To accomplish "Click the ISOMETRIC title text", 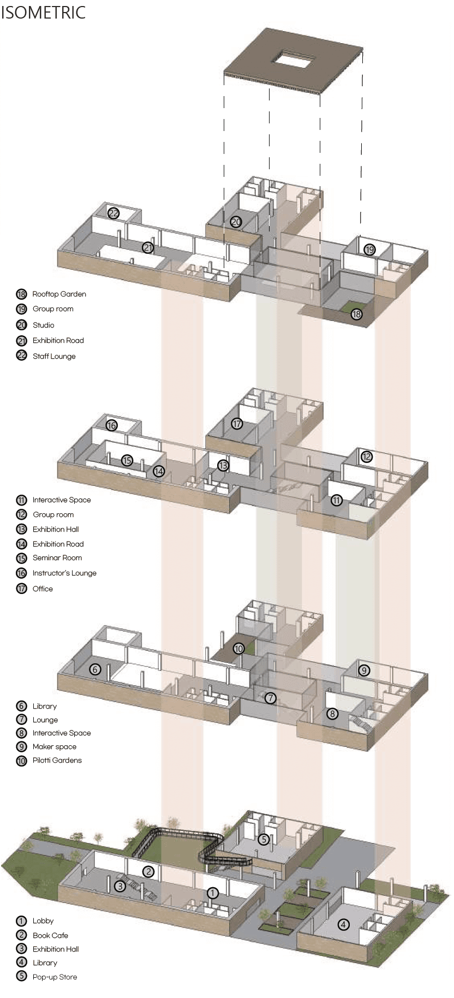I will pyautogui.click(x=43, y=12).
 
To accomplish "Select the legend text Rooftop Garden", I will pyautogui.click(x=59, y=294).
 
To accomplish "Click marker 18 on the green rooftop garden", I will pyautogui.click(x=356, y=314).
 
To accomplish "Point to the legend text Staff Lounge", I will pyautogui.click(x=54, y=357).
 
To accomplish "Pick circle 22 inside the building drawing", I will pyautogui.click(x=113, y=213).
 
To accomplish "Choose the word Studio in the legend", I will pyautogui.click(x=43, y=325).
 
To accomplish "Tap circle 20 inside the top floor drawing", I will pyautogui.click(x=236, y=222).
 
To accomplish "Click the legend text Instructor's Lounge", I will pyautogui.click(x=64, y=573).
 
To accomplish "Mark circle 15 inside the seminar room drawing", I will pyautogui.click(x=127, y=460).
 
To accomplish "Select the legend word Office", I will pyautogui.click(x=43, y=589).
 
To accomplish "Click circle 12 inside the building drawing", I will pyautogui.click(x=367, y=456).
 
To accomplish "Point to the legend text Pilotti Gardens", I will pyautogui.click(x=57, y=761).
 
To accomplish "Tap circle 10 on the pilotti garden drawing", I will pyautogui.click(x=238, y=649).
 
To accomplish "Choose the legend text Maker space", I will pyautogui.click(x=54, y=747).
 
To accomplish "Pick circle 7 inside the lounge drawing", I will pyautogui.click(x=271, y=698).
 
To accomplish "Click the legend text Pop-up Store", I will pyautogui.click(x=55, y=977).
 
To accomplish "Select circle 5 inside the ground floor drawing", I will pyautogui.click(x=264, y=839).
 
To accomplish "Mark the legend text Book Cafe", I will pyautogui.click(x=50, y=936).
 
